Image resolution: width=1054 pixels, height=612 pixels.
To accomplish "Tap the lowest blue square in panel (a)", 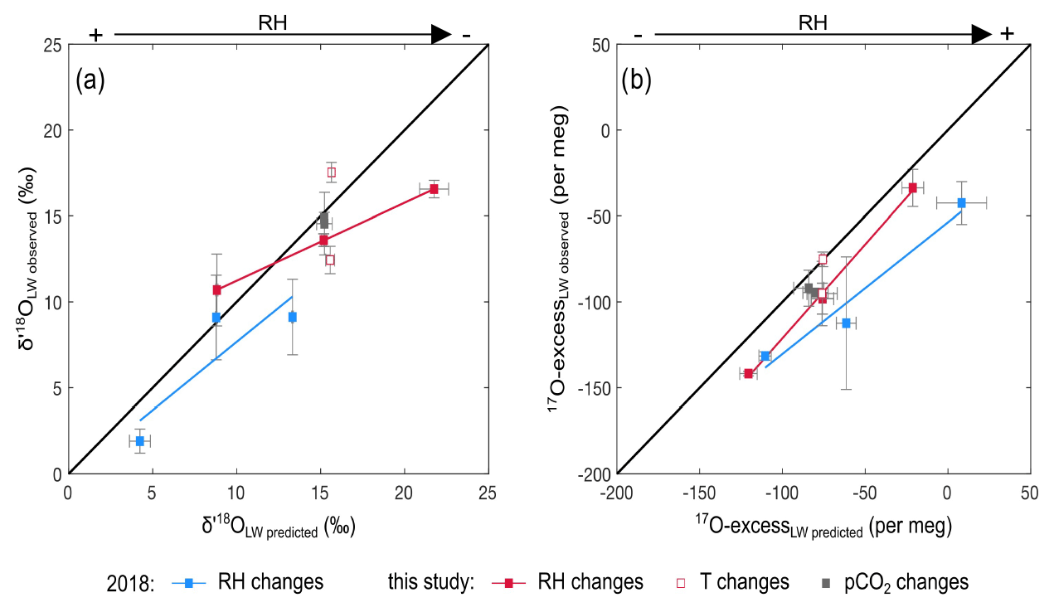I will [140, 441].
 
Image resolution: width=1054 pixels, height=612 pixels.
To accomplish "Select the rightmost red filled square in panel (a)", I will [434, 189].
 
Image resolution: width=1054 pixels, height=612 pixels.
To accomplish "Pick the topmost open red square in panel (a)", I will [331, 172].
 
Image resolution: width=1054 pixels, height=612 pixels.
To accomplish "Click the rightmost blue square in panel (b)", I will [961, 202].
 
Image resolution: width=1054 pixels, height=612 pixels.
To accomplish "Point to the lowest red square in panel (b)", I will [748, 374].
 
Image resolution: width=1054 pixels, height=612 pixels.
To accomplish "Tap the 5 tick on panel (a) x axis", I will [152, 491].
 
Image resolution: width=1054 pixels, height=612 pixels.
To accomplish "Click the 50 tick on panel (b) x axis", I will [1030, 491].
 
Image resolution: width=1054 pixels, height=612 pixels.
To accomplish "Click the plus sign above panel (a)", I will [96, 35].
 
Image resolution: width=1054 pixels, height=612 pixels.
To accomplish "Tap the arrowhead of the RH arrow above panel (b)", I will [982, 34].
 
